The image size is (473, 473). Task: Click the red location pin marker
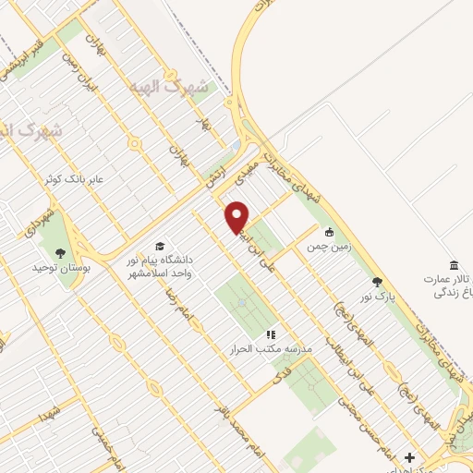237,216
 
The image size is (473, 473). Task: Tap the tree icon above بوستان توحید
61,250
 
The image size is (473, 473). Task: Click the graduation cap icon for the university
160,247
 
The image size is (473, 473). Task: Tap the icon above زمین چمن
330,232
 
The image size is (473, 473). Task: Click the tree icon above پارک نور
376,282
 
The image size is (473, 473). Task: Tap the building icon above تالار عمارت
453,265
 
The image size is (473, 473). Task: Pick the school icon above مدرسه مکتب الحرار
270,334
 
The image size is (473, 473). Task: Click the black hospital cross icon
409,457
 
